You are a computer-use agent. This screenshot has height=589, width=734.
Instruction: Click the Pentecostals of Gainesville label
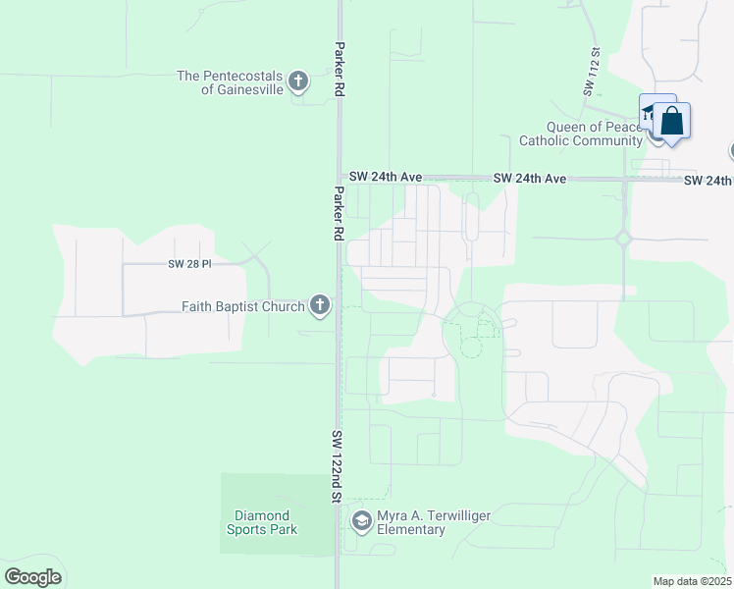(230, 82)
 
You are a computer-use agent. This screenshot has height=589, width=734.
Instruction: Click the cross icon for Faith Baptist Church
(319, 306)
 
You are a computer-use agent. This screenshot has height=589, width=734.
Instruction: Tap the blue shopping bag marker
(672, 122)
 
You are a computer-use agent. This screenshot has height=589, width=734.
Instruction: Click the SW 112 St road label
(592, 73)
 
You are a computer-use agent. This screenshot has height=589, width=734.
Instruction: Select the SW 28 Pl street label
(189, 264)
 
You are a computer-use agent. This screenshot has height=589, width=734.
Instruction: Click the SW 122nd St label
(337, 466)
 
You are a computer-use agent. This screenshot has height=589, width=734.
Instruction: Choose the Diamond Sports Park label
(263, 522)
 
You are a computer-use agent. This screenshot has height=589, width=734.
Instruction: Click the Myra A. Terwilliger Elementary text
(435, 522)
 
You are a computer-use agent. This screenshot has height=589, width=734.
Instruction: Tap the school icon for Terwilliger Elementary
(361, 521)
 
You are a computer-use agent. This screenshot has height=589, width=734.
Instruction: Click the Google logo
(32, 577)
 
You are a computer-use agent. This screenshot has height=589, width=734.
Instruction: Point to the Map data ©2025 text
(692, 581)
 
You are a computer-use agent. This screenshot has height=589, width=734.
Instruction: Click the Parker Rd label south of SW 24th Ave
(338, 214)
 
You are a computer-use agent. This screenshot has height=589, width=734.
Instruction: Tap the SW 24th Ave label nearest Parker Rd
(386, 177)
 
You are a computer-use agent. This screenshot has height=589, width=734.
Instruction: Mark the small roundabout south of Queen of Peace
(622, 238)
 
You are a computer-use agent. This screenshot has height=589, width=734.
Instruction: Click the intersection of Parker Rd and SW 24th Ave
(339, 179)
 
